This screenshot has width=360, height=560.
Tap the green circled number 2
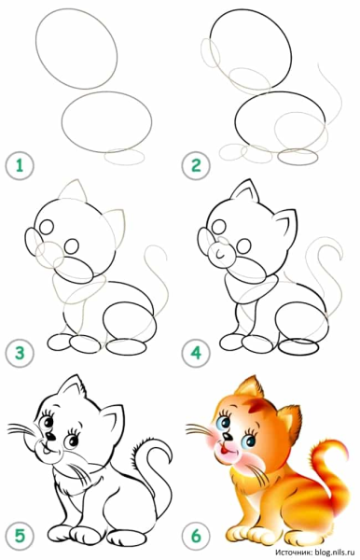point(197,168)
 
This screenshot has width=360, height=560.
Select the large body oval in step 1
point(107,119)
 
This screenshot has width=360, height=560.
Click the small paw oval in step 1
point(125,158)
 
